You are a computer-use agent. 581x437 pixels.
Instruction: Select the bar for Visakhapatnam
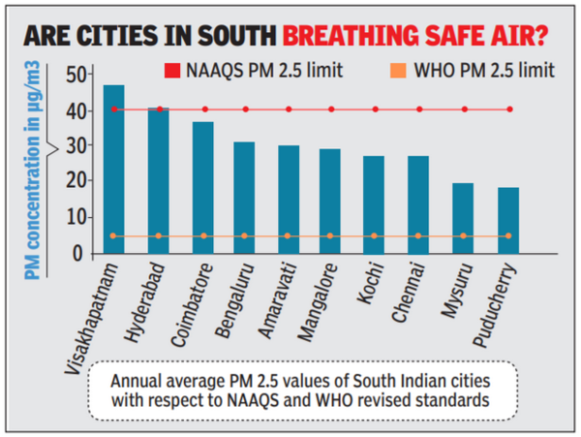coord(114,170)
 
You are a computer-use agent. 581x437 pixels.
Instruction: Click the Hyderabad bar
coord(158,181)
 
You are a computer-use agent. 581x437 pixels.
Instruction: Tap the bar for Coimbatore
coord(202,188)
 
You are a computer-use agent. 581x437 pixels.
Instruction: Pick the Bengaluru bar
coord(244,199)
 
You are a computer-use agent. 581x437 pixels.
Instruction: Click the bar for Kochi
coord(374,205)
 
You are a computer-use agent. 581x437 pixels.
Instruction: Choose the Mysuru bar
coord(463,219)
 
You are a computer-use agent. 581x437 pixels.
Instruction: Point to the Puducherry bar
coord(508,221)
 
